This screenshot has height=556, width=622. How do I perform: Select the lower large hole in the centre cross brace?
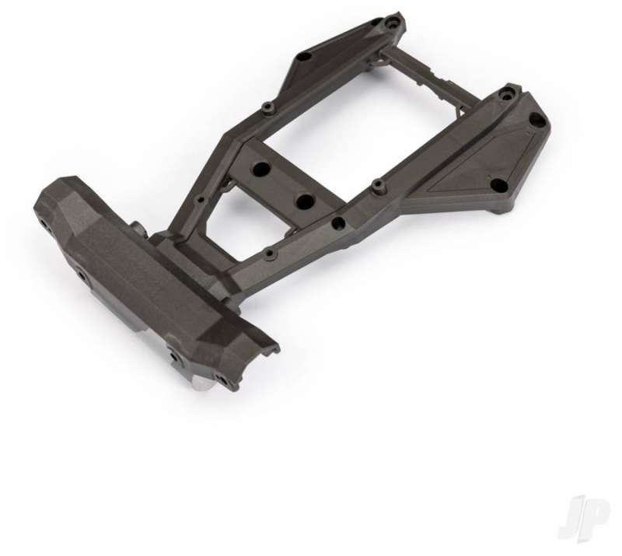[x=305, y=201]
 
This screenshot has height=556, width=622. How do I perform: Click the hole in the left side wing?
[x=303, y=58]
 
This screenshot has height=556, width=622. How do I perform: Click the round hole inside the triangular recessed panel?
[x=498, y=184]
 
